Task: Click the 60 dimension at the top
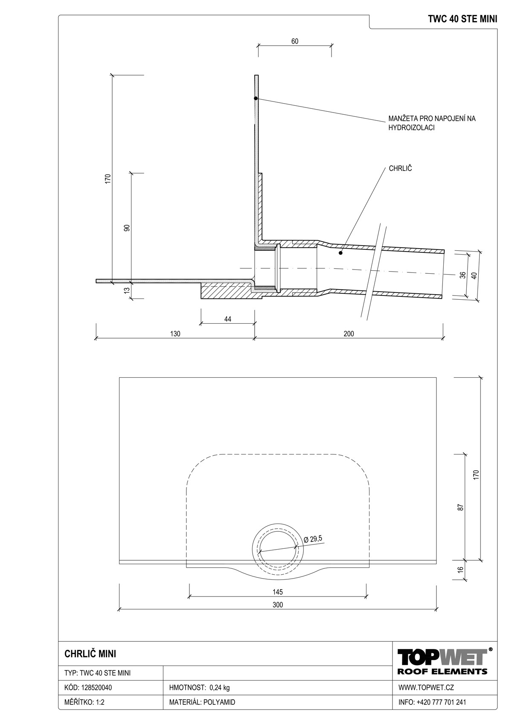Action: [295, 41]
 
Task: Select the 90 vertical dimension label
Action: [127, 228]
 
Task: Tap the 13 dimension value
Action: [127, 290]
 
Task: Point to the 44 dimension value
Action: [228, 319]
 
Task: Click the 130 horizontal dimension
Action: [175, 333]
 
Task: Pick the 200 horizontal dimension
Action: [349, 333]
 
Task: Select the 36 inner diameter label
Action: [463, 275]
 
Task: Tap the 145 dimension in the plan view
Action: [277, 592]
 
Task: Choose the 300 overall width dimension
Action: [277, 605]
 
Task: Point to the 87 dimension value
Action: [461, 507]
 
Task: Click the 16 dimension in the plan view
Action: [461, 569]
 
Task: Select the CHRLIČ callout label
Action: [400, 169]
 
